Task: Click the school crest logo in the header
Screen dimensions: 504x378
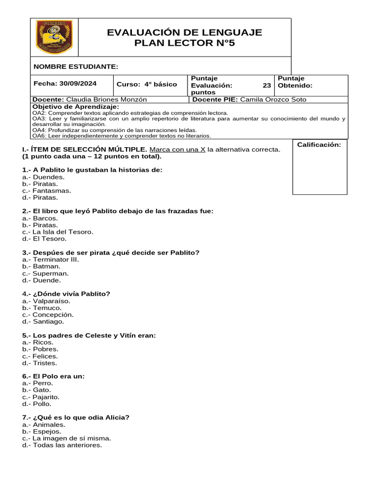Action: click(x=54, y=37)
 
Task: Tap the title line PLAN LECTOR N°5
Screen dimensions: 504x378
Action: click(x=185, y=43)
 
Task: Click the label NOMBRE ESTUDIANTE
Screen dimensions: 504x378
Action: click(x=75, y=66)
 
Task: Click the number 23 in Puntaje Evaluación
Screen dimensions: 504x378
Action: click(x=267, y=85)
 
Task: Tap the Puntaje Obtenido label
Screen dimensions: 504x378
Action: click(x=295, y=82)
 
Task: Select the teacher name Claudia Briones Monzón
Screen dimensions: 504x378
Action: click(x=106, y=99)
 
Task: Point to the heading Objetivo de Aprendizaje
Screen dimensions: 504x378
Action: click(x=75, y=107)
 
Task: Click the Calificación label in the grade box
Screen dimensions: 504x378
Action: click(x=319, y=145)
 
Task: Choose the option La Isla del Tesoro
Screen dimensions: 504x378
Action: click(x=63, y=232)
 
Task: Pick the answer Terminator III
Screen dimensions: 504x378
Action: click(x=56, y=259)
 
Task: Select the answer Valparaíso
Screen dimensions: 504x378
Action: click(x=51, y=301)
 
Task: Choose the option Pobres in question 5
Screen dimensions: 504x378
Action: click(x=45, y=349)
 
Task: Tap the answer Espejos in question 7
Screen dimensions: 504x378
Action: click(x=47, y=431)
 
